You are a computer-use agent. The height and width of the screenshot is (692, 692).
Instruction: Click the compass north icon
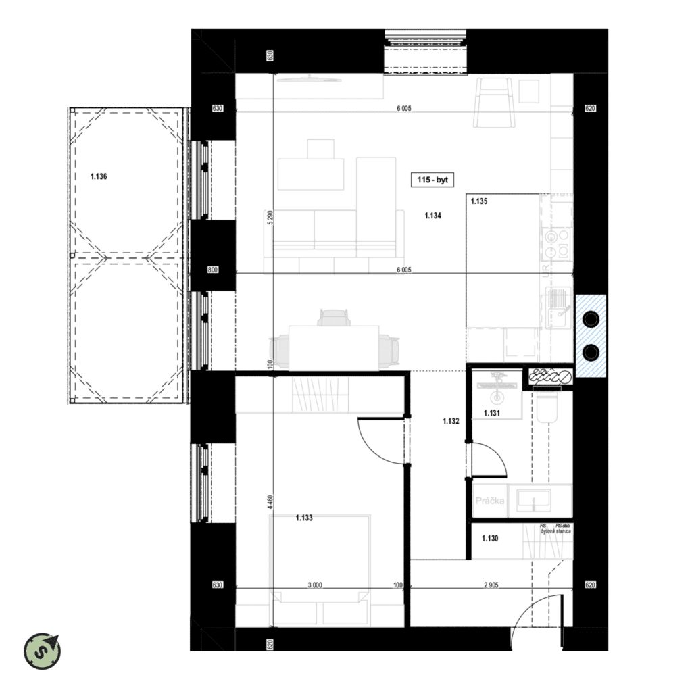coord(42,651)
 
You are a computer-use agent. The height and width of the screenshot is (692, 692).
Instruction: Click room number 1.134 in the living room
coord(432,216)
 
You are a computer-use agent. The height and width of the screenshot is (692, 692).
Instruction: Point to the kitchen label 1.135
coord(478,201)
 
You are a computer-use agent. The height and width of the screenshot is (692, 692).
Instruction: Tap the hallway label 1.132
coord(451,422)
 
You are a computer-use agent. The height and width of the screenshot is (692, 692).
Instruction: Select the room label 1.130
coord(490,539)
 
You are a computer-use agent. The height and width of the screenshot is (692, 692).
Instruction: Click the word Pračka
coord(491,501)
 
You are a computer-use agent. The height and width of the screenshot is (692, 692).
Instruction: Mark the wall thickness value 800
coord(213,270)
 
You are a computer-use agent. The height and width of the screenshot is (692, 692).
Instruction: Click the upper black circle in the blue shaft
coord(590,317)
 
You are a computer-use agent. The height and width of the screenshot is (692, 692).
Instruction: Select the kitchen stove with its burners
coord(557,244)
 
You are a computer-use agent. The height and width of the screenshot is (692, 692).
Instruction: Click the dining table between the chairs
coord(334,347)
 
